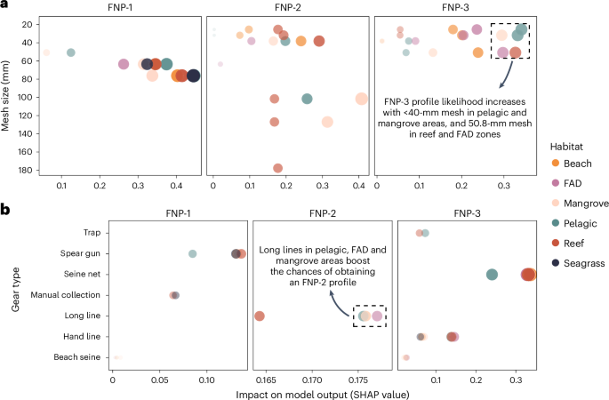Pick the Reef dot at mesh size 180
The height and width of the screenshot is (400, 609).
tap(277, 168)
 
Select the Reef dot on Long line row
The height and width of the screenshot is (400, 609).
tap(259, 316)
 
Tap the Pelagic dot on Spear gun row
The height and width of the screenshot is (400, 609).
tap(192, 253)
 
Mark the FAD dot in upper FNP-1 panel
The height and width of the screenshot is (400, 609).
tap(124, 64)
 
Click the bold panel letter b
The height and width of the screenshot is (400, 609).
tap(5, 210)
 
